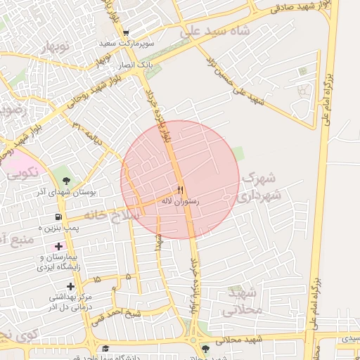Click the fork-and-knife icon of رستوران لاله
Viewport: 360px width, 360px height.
[x=180, y=190]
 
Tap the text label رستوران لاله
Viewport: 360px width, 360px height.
[x=181, y=201]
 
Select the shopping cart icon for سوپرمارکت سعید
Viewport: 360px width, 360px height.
[x=125, y=33]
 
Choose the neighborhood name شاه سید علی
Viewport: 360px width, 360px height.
[x=214, y=32]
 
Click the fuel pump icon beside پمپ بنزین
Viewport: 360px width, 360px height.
[x=58, y=217]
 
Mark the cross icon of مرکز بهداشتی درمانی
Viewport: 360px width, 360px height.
[x=70, y=286]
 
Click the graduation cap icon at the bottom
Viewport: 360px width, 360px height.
[x=105, y=348]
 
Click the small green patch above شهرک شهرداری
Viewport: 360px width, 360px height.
[x=239, y=153]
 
